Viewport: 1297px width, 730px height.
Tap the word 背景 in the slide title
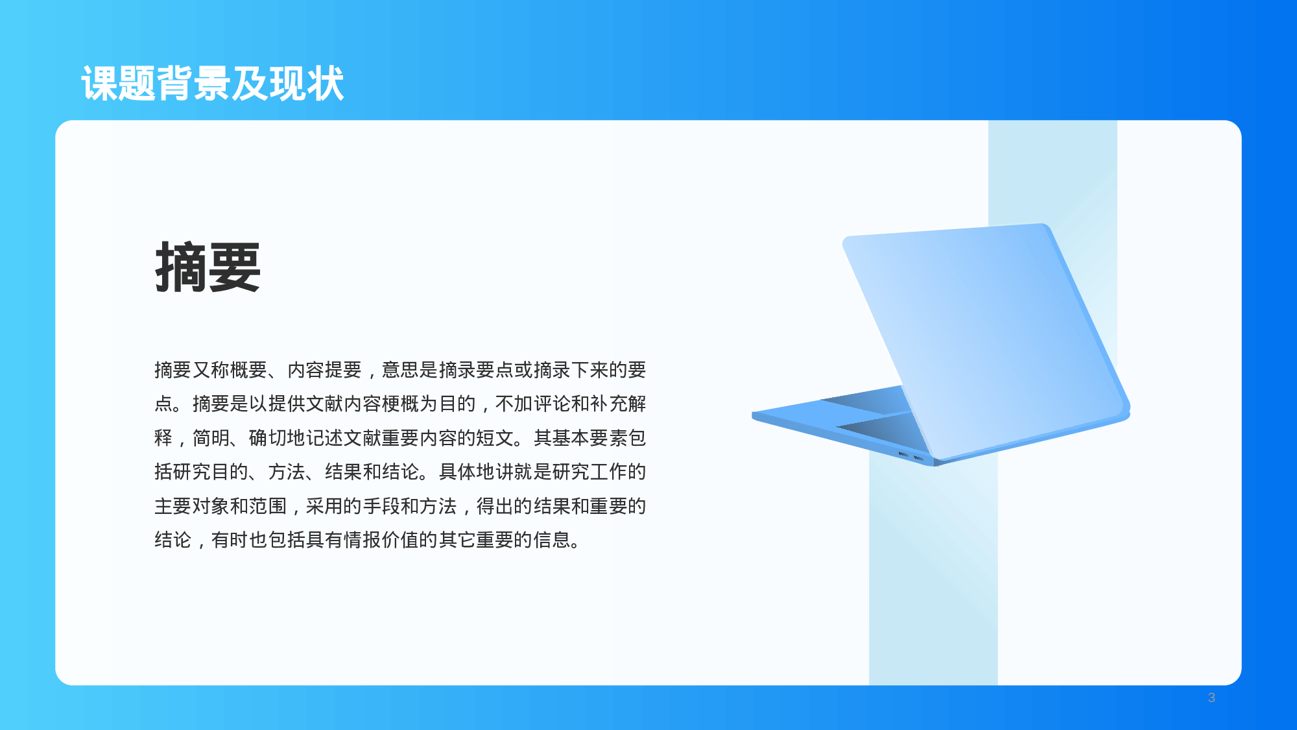(194, 84)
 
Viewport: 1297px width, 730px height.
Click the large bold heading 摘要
(208, 267)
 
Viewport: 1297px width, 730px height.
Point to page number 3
(1211, 698)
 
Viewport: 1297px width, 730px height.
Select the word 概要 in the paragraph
(249, 370)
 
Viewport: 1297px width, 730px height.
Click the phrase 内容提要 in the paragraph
(325, 370)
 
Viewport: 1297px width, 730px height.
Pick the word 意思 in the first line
(401, 370)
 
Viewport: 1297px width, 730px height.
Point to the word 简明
(211, 438)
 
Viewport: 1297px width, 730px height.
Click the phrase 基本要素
(590, 438)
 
